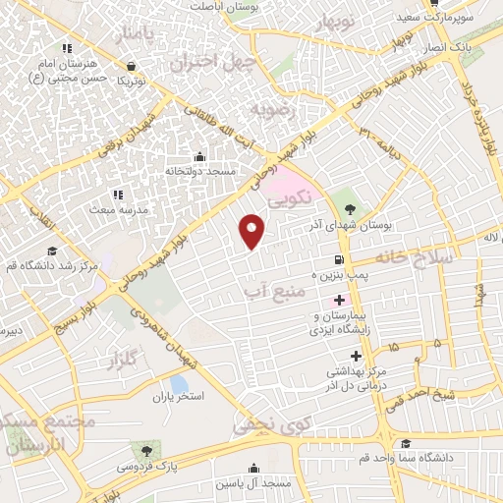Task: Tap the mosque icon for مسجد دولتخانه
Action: coord(200,156)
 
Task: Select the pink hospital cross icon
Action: coord(340,299)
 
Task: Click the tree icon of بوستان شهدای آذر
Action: coord(350,207)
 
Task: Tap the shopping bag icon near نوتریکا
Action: coord(131,68)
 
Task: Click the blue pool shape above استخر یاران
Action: coord(178,382)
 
